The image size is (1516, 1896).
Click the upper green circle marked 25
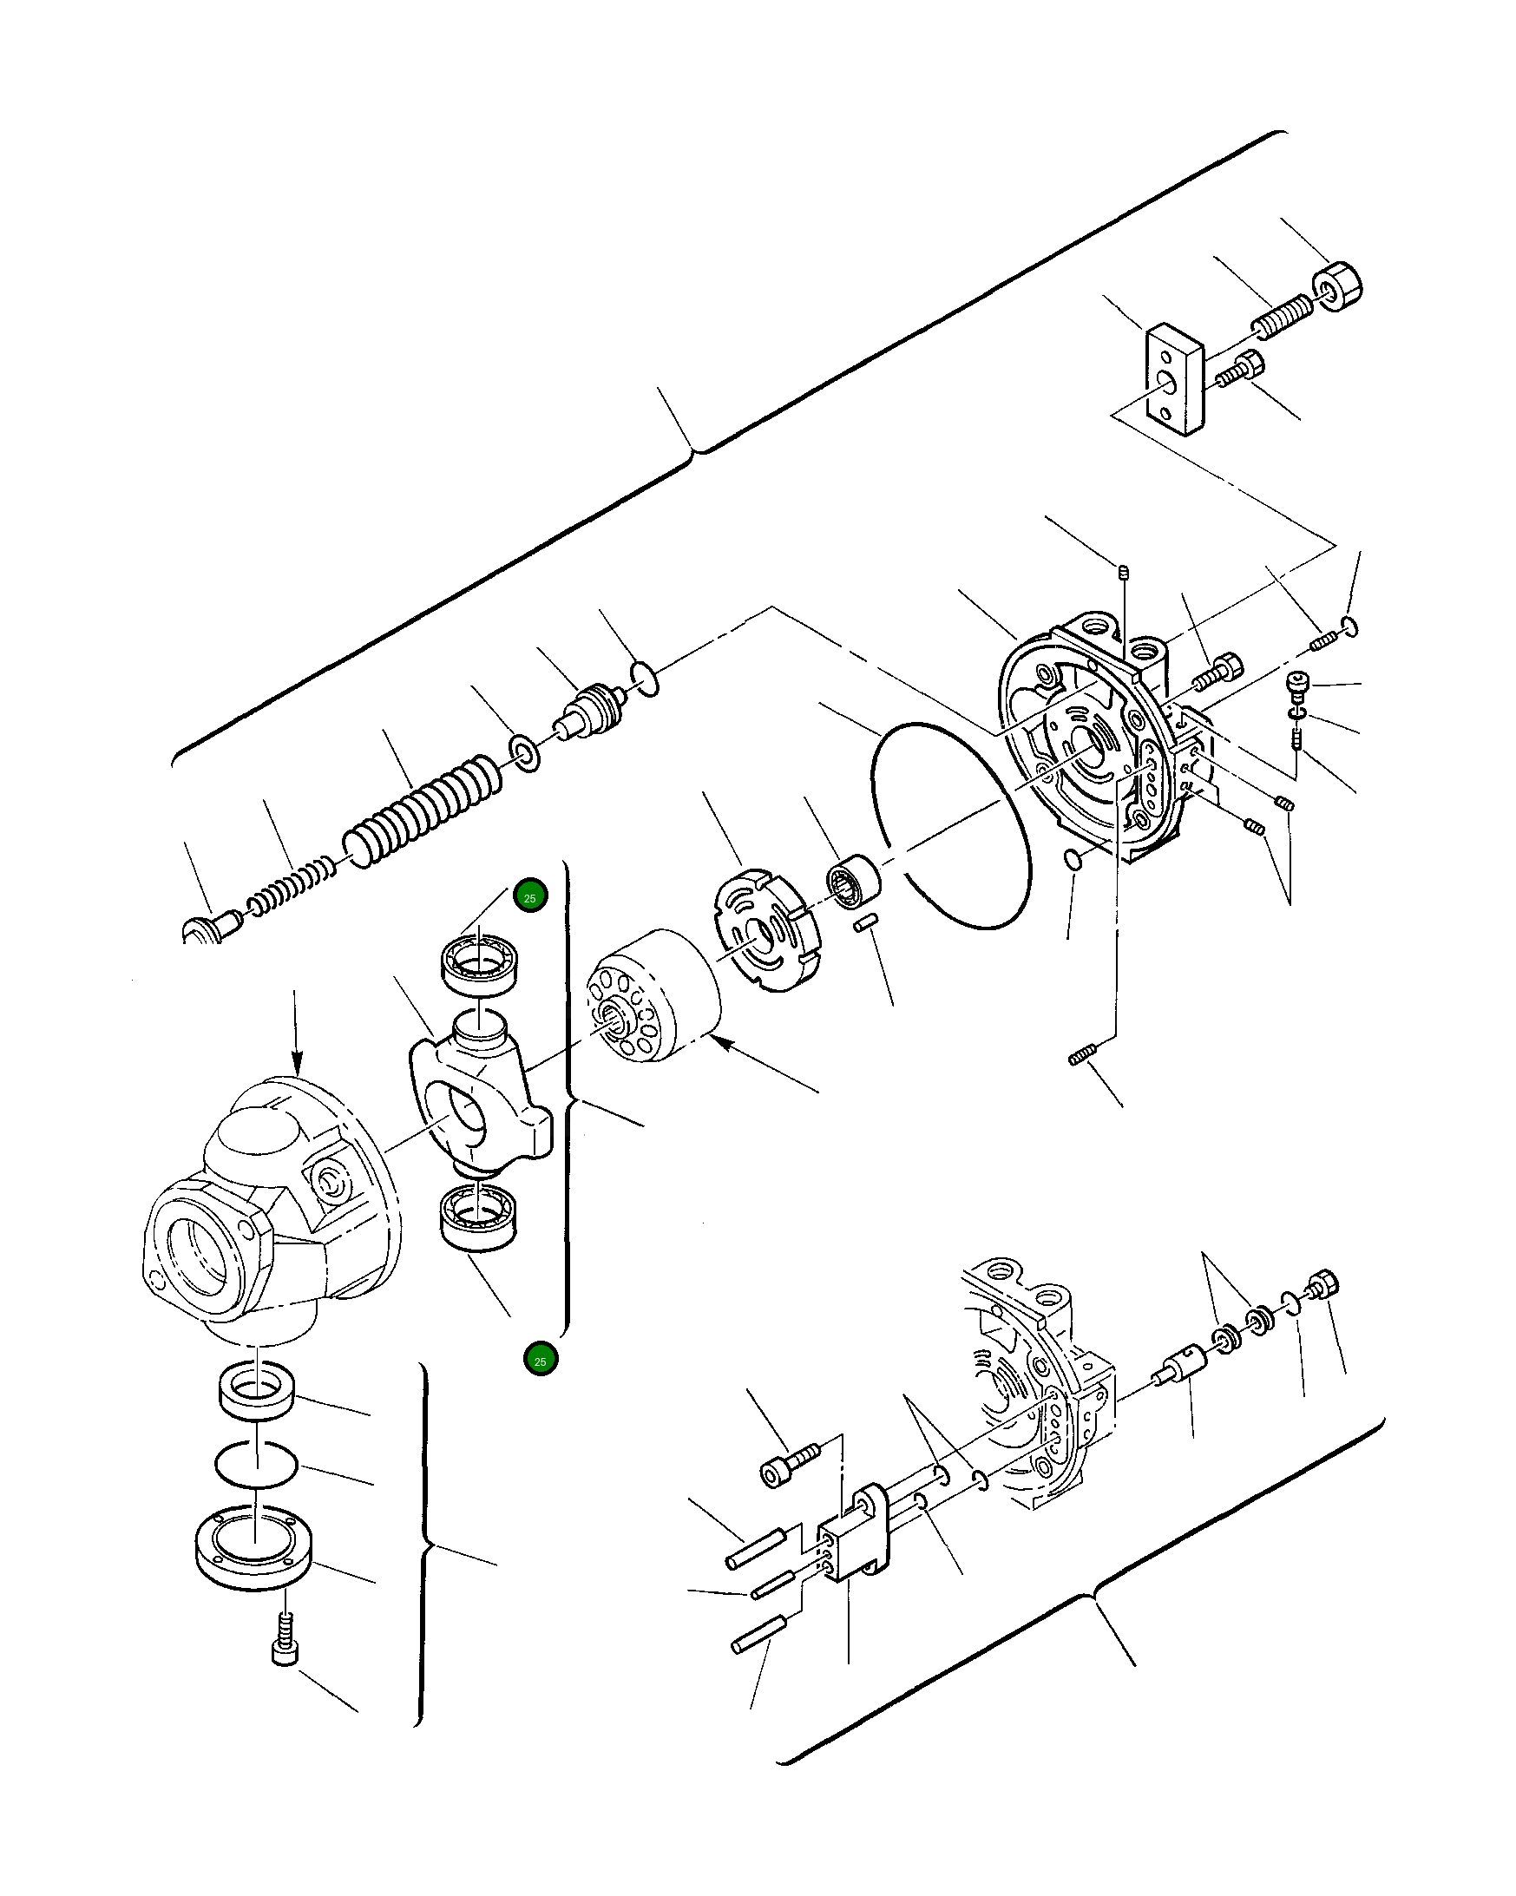[x=530, y=897]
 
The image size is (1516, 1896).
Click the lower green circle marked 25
[x=540, y=1360]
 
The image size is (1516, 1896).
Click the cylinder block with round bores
[x=653, y=996]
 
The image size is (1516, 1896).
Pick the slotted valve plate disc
[x=764, y=930]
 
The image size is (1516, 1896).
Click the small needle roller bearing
[x=853, y=878]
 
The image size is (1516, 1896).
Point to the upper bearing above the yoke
[x=479, y=965]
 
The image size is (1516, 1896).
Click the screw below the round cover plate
[x=284, y=1638]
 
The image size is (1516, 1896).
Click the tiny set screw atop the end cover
[x=1123, y=573]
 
